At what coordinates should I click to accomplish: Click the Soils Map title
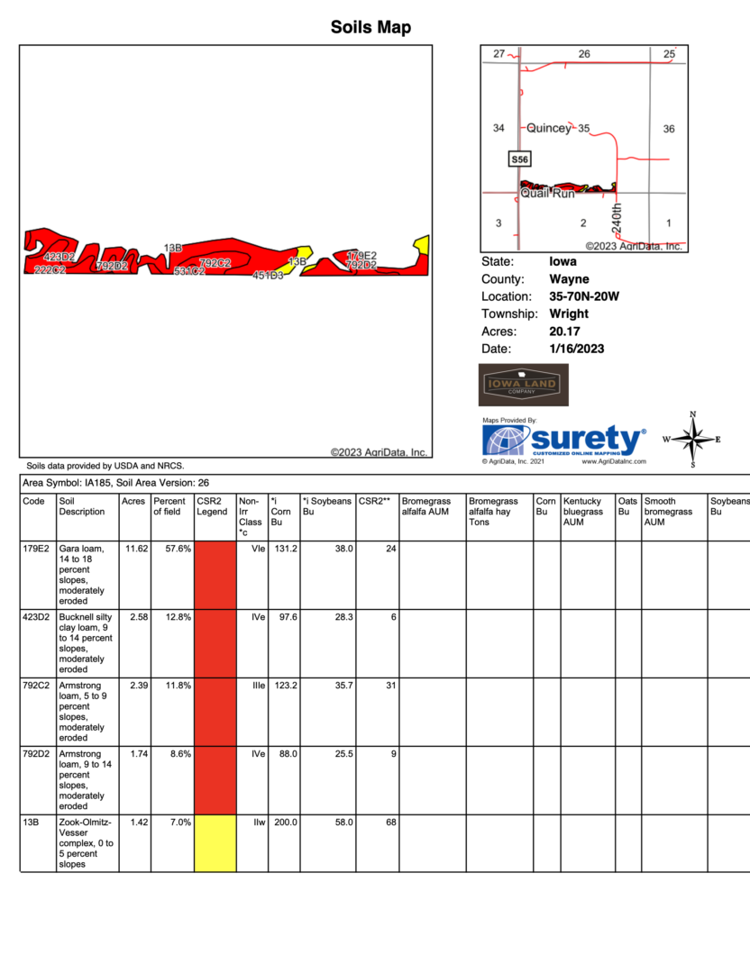point(370,28)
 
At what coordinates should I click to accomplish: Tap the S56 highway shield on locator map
point(519,159)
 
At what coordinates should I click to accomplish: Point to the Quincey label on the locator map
point(548,129)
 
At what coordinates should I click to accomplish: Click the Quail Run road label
point(547,193)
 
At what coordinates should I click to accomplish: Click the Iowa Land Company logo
point(523,385)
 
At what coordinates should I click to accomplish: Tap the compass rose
point(692,440)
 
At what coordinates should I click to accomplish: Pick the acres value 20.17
point(567,332)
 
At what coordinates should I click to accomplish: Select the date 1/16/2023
point(576,349)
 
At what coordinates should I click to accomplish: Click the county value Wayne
point(569,279)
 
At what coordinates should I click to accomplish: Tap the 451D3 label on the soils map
point(268,275)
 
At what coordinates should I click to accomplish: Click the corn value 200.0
point(285,823)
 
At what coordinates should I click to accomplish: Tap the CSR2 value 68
point(389,823)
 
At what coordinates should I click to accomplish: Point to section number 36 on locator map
point(669,129)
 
